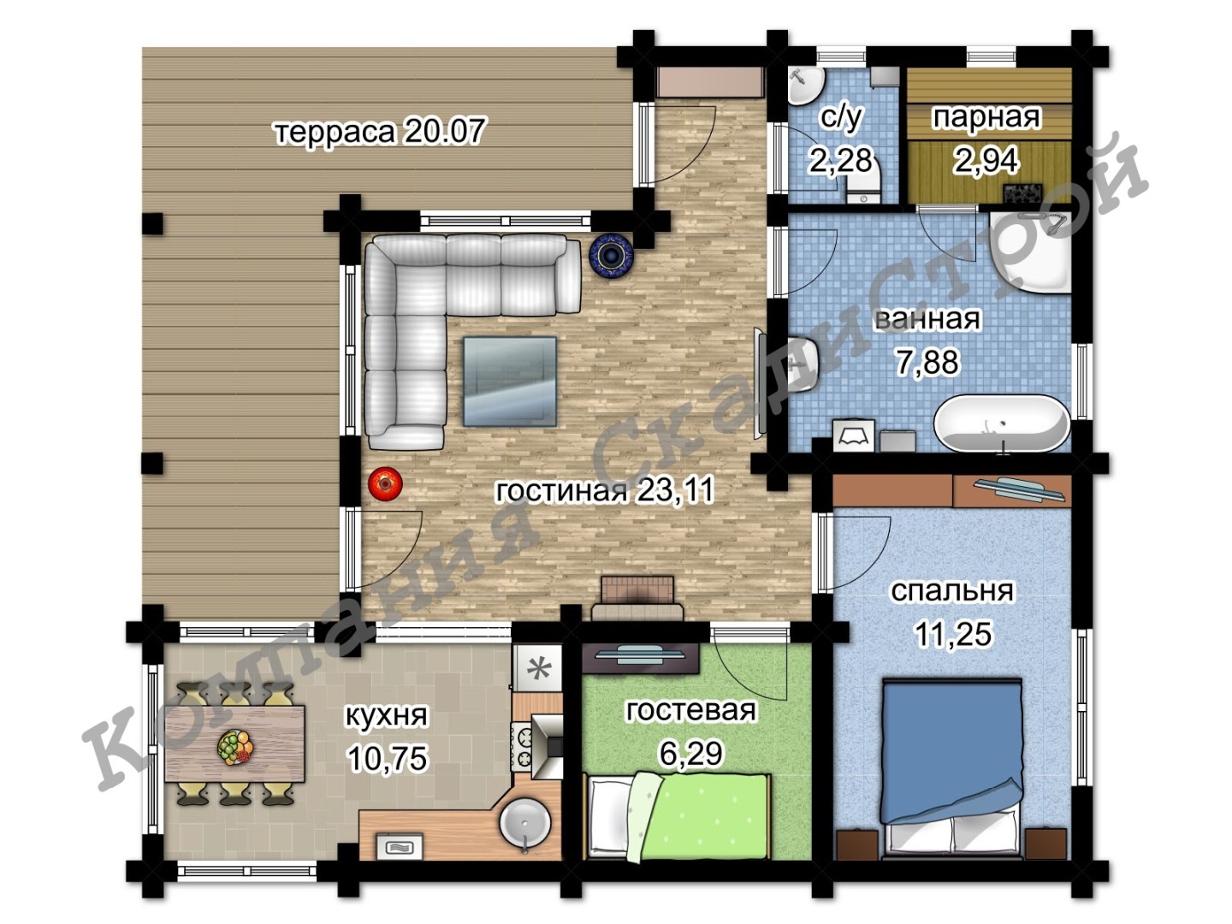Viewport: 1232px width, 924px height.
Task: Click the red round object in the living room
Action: tap(385, 483)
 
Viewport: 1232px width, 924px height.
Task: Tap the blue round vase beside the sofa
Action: tap(611, 256)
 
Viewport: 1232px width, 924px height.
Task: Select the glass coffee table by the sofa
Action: tap(510, 382)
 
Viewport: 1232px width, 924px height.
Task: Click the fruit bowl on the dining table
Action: tap(235, 747)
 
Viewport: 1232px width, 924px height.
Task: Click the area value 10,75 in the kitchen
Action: tap(388, 758)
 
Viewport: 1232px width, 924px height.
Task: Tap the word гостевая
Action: tap(690, 710)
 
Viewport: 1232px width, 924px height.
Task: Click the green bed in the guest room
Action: tap(678, 816)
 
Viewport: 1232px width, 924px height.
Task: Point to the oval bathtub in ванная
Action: tap(1002, 423)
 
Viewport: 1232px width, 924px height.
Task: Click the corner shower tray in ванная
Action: tap(1030, 252)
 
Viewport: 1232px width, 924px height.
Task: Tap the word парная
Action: tap(986, 118)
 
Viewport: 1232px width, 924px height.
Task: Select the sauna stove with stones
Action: tap(1022, 192)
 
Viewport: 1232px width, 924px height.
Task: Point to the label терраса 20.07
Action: tap(379, 132)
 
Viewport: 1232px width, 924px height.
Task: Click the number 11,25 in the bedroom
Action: tap(954, 634)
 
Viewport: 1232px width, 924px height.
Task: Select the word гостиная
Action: tap(560, 491)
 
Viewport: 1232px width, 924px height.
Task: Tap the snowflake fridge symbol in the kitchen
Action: tap(537, 668)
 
